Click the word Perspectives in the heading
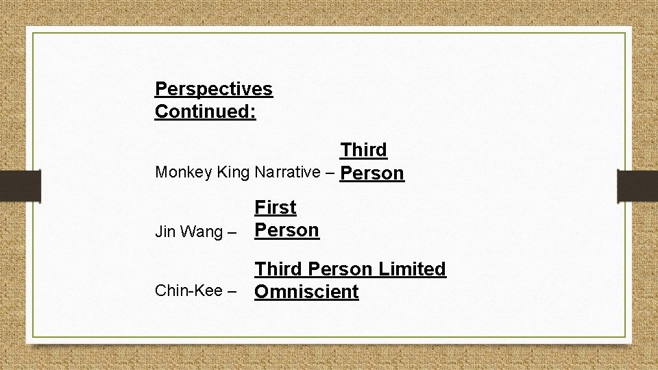[x=214, y=89]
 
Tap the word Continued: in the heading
[x=206, y=111]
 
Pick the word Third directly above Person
[x=363, y=149]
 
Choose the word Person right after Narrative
[x=372, y=173]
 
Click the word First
[x=276, y=207]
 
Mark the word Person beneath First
[x=287, y=230]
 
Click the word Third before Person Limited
[x=278, y=269]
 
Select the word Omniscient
[x=306, y=293]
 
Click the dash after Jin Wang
[x=232, y=232]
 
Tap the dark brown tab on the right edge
[x=637, y=185]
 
